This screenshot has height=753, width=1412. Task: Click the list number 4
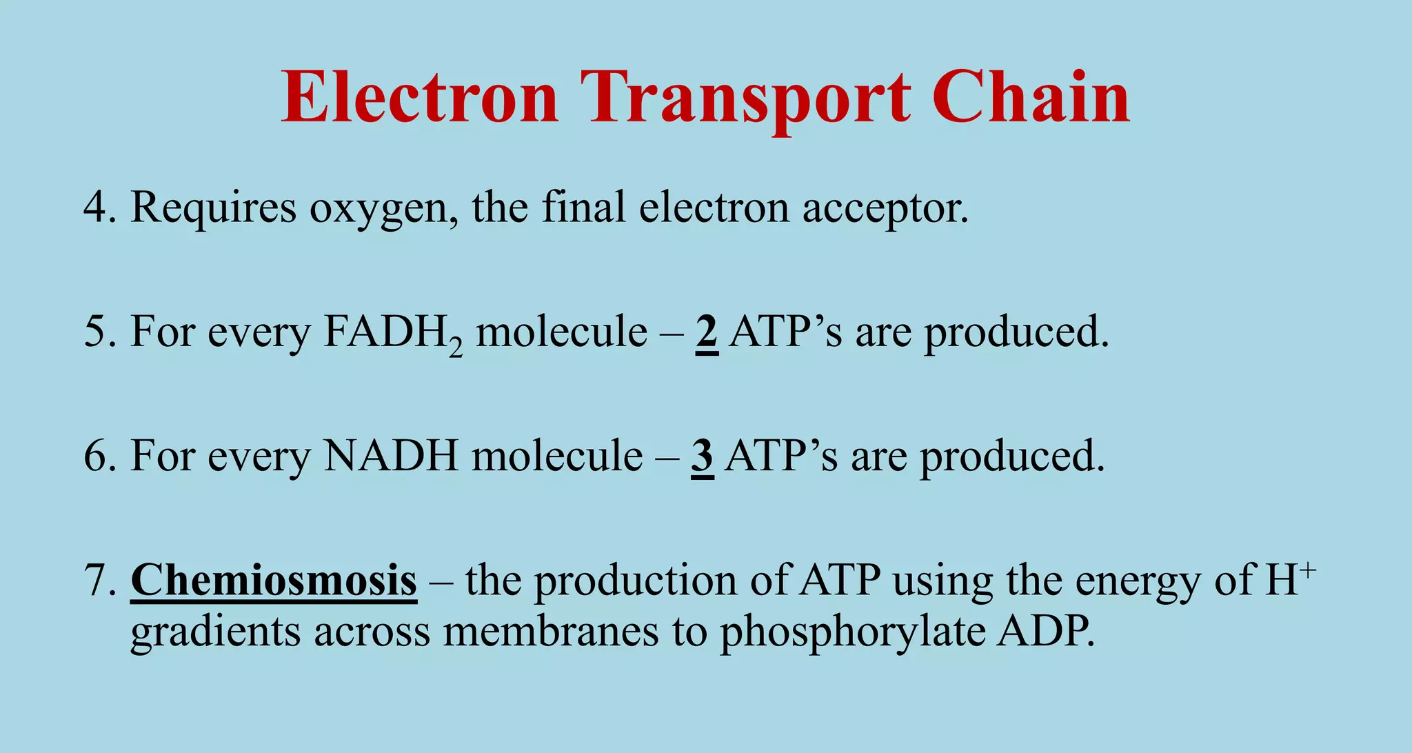click(99, 207)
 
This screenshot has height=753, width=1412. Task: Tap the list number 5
click(99, 332)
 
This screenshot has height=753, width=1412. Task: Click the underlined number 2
click(707, 332)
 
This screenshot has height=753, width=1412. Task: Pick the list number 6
click(99, 456)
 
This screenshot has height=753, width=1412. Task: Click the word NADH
click(391, 456)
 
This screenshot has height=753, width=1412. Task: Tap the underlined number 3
click(702, 456)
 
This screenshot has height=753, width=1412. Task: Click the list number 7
click(99, 580)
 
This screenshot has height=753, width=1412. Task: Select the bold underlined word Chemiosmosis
click(274, 580)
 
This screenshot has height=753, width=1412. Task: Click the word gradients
click(215, 631)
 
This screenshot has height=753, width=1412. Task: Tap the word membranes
click(550, 631)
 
